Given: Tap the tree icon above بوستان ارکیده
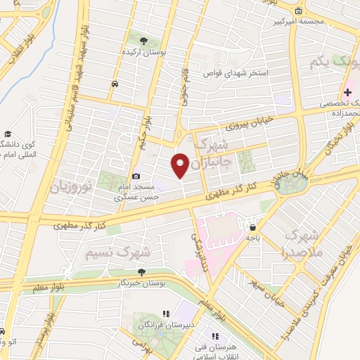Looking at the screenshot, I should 143,41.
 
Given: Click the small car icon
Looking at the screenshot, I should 114,84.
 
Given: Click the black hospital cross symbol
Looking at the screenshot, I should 348,92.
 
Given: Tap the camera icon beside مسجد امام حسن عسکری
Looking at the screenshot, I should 136,176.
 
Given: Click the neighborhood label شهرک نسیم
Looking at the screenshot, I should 117,250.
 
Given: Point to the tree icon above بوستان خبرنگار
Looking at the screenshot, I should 143,271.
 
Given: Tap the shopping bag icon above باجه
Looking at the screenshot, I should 252,226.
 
